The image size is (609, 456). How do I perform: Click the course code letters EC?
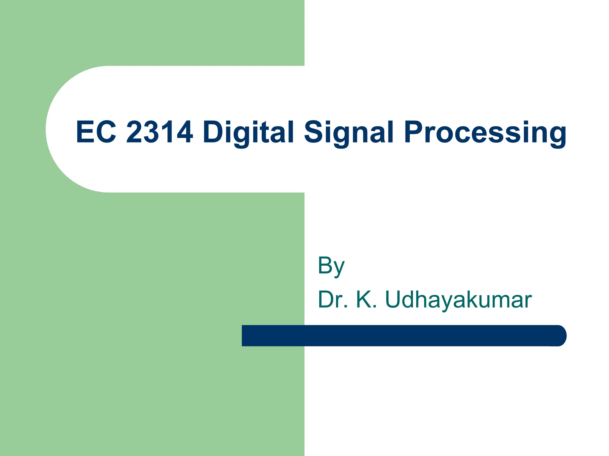click(96, 132)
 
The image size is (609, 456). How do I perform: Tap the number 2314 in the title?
click(160, 132)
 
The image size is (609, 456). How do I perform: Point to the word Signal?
click(349, 132)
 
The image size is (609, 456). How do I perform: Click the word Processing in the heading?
click(485, 132)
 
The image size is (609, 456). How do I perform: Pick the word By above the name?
click(331, 266)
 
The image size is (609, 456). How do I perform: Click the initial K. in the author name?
click(366, 300)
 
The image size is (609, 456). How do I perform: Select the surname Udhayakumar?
click(458, 300)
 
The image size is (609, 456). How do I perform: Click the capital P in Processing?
click(415, 132)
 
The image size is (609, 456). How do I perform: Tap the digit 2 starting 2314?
click(136, 132)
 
